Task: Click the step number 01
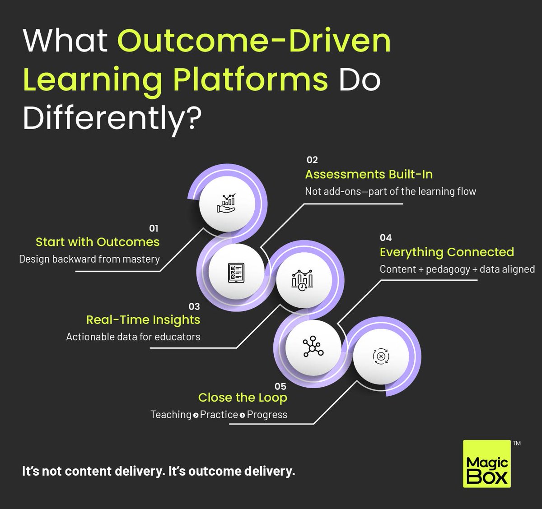pyautogui.click(x=154, y=228)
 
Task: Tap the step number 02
pyautogui.click(x=312, y=160)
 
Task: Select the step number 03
pyautogui.click(x=194, y=306)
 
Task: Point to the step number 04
pyautogui.click(x=386, y=237)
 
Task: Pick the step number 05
pyautogui.click(x=280, y=386)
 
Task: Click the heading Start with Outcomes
pyautogui.click(x=98, y=242)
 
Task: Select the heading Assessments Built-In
pyautogui.click(x=369, y=175)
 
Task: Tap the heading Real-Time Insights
pyautogui.click(x=143, y=320)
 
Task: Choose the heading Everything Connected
pyautogui.click(x=447, y=252)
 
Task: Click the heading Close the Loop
pyautogui.click(x=243, y=398)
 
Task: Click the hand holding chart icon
pyautogui.click(x=227, y=204)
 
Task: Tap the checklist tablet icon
pyautogui.click(x=236, y=273)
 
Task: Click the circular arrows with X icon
pyautogui.click(x=381, y=356)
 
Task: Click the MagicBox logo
pyautogui.click(x=487, y=464)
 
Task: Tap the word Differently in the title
pyautogui.click(x=103, y=119)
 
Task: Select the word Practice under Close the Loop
pyautogui.click(x=219, y=415)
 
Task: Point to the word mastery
pyautogui.click(x=143, y=259)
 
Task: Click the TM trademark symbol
pyautogui.click(x=517, y=443)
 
